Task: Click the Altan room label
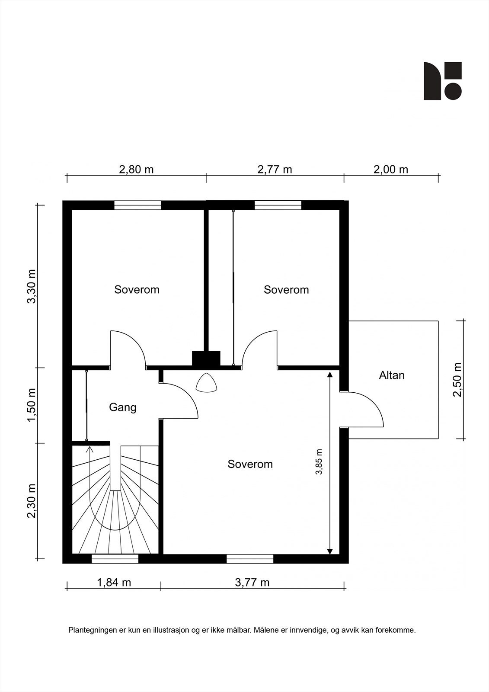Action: coord(392,375)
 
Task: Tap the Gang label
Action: coord(123,407)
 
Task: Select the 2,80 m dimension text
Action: coord(136,170)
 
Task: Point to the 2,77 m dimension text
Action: coord(275,170)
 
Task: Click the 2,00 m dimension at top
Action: coord(391,170)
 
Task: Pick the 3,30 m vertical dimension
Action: coord(32,286)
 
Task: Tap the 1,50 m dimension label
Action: coord(32,404)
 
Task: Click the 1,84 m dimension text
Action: coord(114,583)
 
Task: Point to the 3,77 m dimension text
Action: coord(252,583)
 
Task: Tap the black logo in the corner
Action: coord(442,81)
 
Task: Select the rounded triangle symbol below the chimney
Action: coord(206,383)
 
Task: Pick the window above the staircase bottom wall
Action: coord(115,559)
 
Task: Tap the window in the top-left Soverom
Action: coord(138,205)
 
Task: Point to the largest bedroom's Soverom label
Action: coord(250,464)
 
